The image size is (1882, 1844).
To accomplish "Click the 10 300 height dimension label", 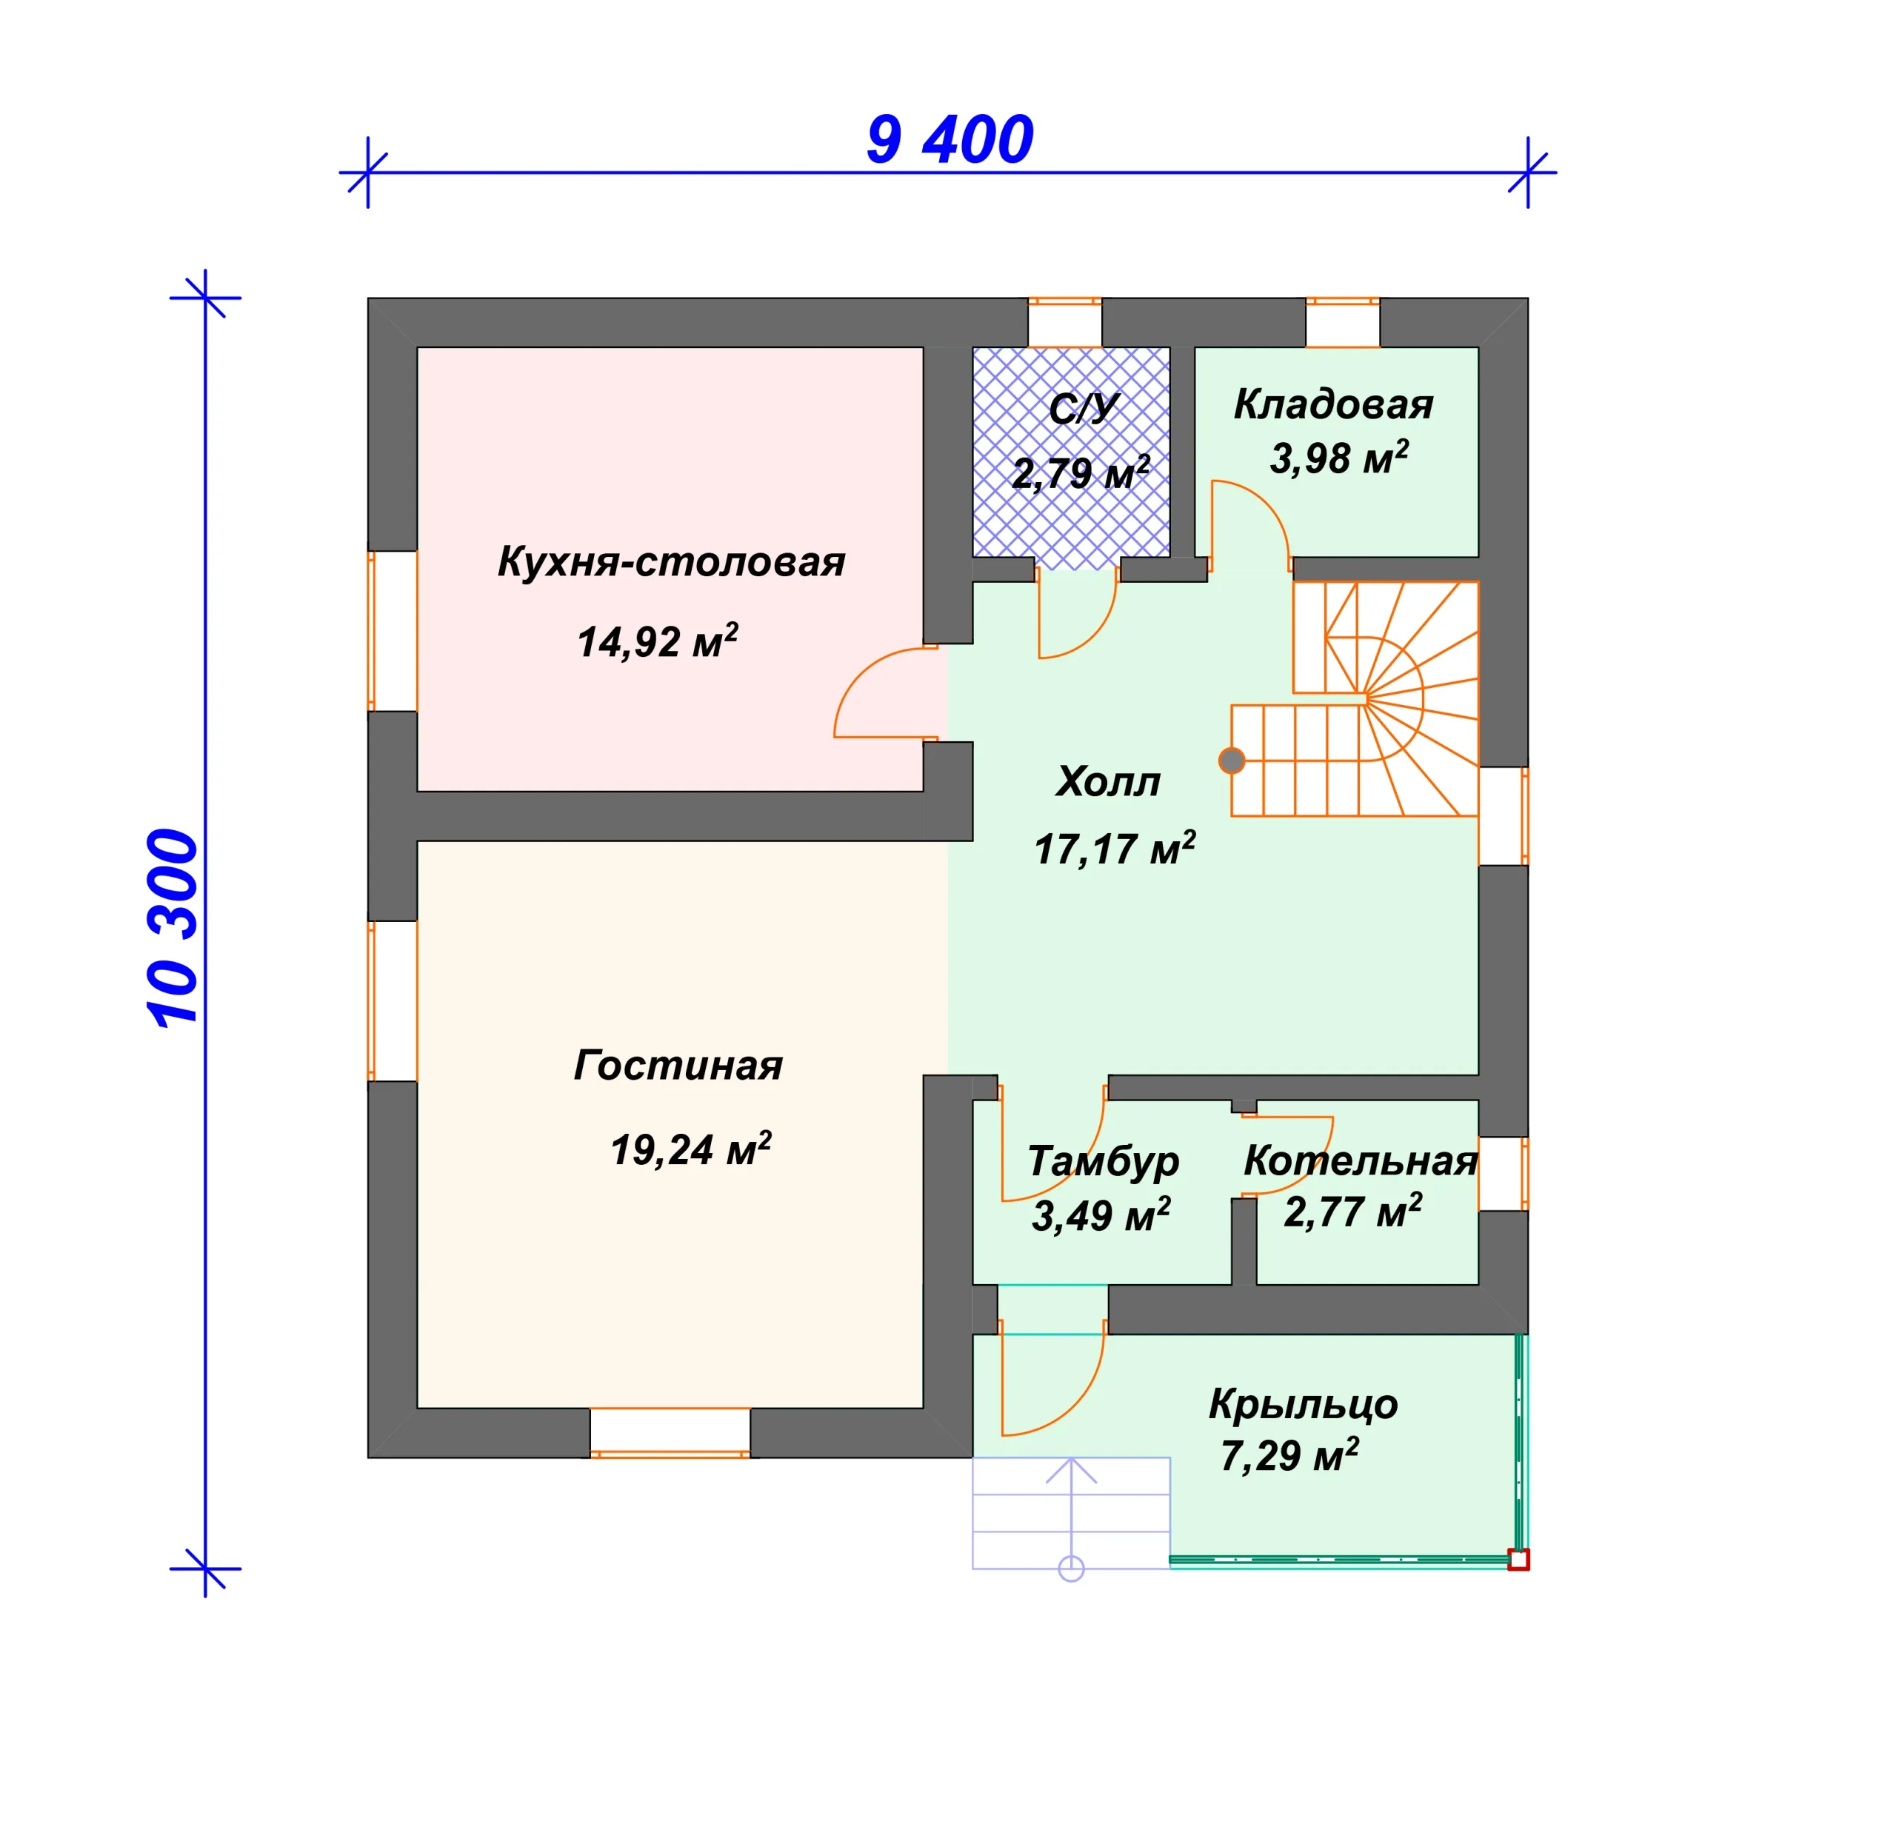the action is click(x=173, y=927).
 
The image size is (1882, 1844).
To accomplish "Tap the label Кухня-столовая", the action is click(x=671, y=563).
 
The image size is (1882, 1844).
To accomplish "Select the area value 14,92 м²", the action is click(x=658, y=641).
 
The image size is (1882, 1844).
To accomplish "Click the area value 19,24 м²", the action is click(x=690, y=1149).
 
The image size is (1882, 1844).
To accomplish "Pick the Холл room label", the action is click(x=1108, y=781).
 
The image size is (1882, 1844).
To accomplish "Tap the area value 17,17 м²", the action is click(x=1115, y=849).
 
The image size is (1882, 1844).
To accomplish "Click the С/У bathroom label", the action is click(x=1084, y=409).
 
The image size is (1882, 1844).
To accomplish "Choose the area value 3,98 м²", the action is click(x=1340, y=458).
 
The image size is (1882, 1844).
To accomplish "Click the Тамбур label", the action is click(x=1104, y=1161).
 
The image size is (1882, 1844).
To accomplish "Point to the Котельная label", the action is click(x=1361, y=1160).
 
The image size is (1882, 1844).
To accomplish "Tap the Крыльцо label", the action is click(x=1304, y=1403).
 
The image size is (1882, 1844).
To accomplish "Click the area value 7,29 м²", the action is click(x=1290, y=1456).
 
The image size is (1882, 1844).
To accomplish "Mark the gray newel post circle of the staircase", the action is click(x=1232, y=761).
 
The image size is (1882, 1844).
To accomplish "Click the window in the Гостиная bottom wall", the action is click(x=670, y=1434).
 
